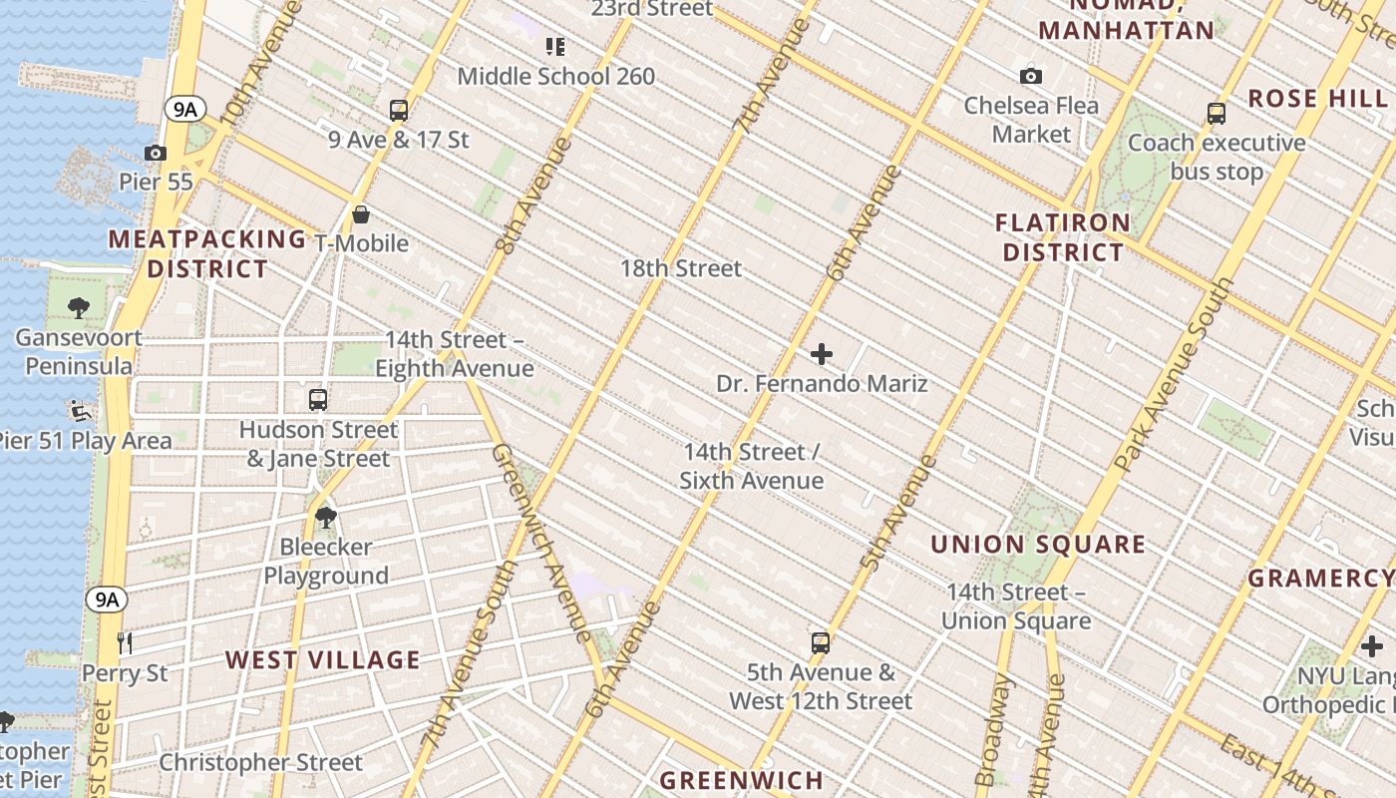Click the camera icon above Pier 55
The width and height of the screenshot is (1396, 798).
click(156, 153)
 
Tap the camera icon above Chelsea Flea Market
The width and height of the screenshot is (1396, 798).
click(1031, 76)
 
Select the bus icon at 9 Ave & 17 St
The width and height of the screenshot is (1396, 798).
click(399, 110)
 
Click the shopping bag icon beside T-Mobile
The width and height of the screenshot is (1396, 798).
click(361, 214)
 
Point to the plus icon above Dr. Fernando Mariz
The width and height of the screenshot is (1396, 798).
click(822, 354)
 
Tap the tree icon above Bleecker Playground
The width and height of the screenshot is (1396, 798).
click(325, 517)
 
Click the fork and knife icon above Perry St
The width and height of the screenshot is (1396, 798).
click(125, 642)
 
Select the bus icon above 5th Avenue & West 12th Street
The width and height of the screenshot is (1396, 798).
click(820, 642)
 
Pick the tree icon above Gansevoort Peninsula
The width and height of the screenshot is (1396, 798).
click(79, 308)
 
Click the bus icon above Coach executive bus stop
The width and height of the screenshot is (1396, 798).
click(1217, 113)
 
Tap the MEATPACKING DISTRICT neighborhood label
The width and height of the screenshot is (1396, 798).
click(207, 254)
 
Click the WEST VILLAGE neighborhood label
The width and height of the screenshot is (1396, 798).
click(322, 659)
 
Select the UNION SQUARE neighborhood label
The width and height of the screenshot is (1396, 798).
click(1037, 545)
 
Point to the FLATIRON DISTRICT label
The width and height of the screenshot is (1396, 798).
click(1063, 237)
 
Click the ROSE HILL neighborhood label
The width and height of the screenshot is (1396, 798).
click(1316, 99)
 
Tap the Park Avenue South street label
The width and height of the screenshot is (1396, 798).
click(1174, 375)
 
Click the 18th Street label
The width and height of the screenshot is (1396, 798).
click(681, 268)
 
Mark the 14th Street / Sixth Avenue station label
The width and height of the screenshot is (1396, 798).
click(752, 466)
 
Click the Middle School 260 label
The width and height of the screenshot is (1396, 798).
click(556, 76)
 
